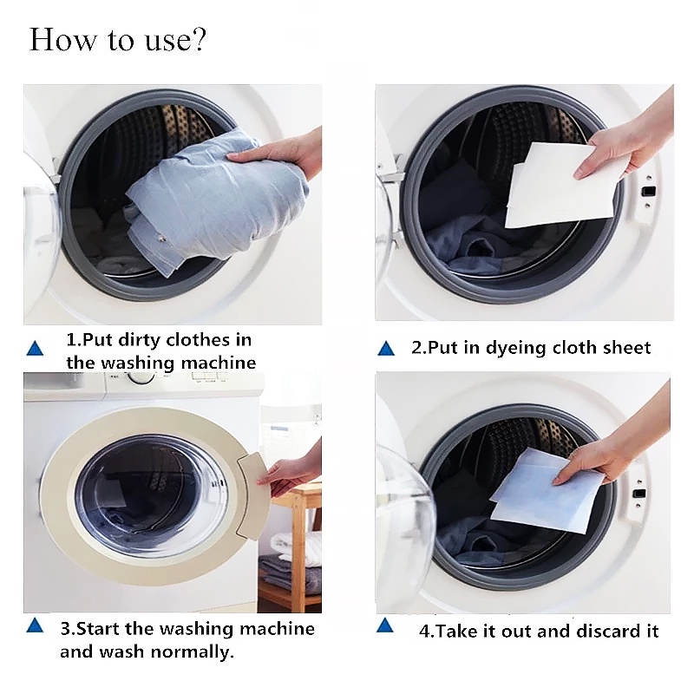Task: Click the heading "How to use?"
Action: click(118, 40)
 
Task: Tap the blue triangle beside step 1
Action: click(35, 349)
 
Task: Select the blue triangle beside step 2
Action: click(386, 349)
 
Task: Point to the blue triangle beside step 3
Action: click(35, 625)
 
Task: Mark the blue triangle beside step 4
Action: click(385, 625)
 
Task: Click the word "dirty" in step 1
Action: click(140, 340)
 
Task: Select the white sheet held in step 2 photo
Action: click(560, 185)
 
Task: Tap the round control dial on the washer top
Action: click(141, 377)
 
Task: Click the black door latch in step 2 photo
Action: click(648, 192)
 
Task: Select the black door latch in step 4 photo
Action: click(638, 493)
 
